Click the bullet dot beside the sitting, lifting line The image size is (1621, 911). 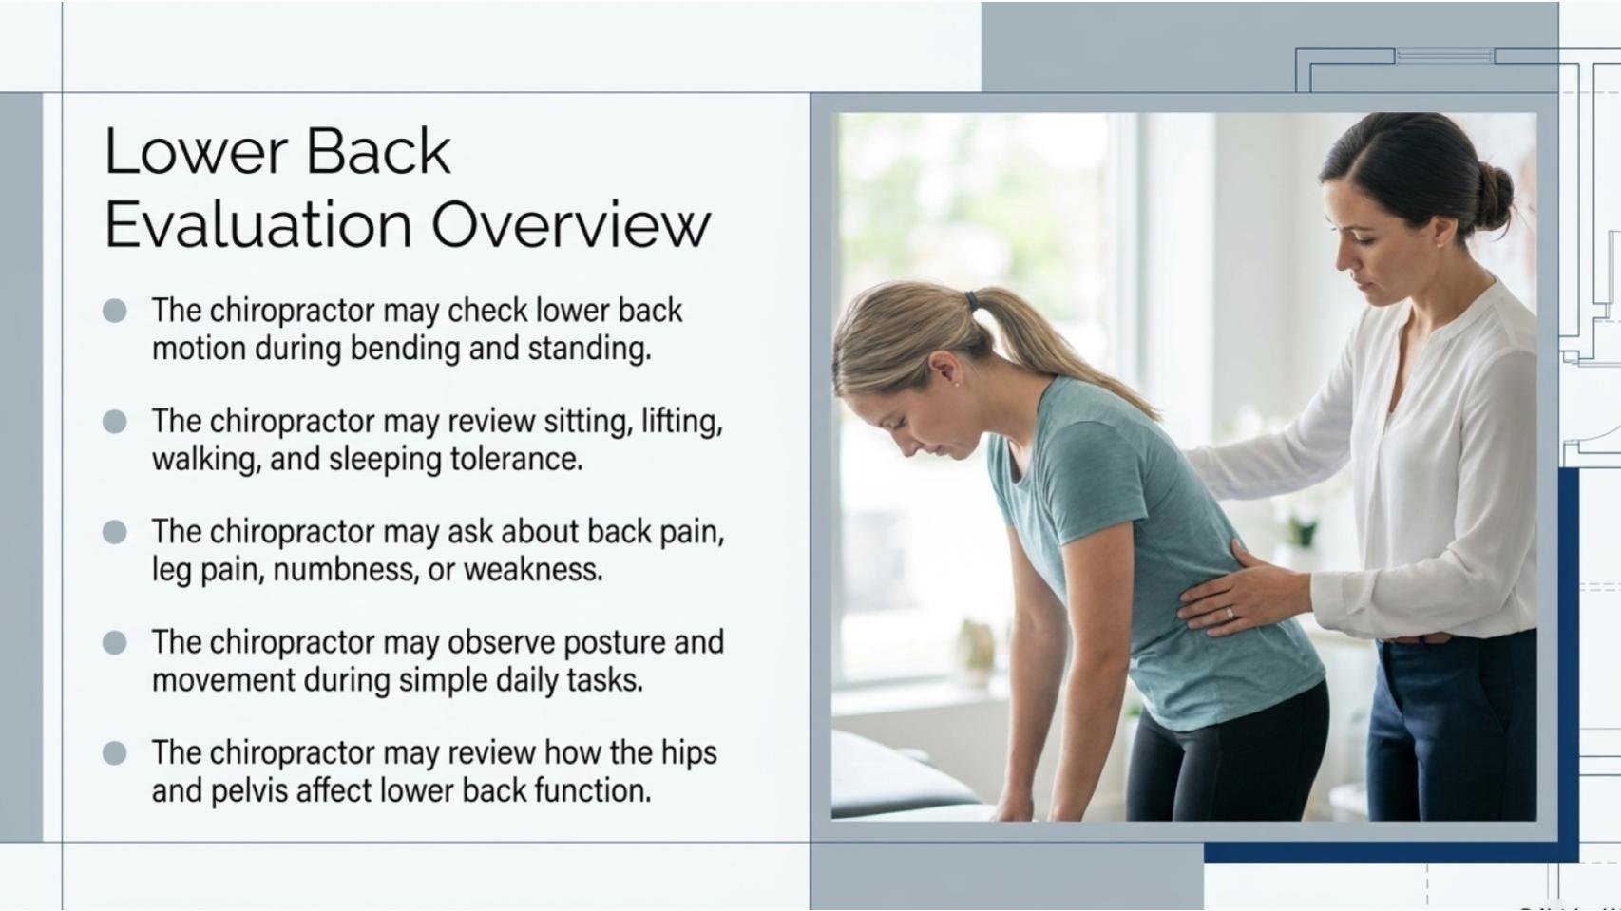pos(114,422)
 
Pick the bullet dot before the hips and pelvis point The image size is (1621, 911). pos(114,753)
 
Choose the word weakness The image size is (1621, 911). pos(533,570)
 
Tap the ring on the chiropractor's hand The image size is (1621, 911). pos(1229,614)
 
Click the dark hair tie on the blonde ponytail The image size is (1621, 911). pos(972,299)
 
